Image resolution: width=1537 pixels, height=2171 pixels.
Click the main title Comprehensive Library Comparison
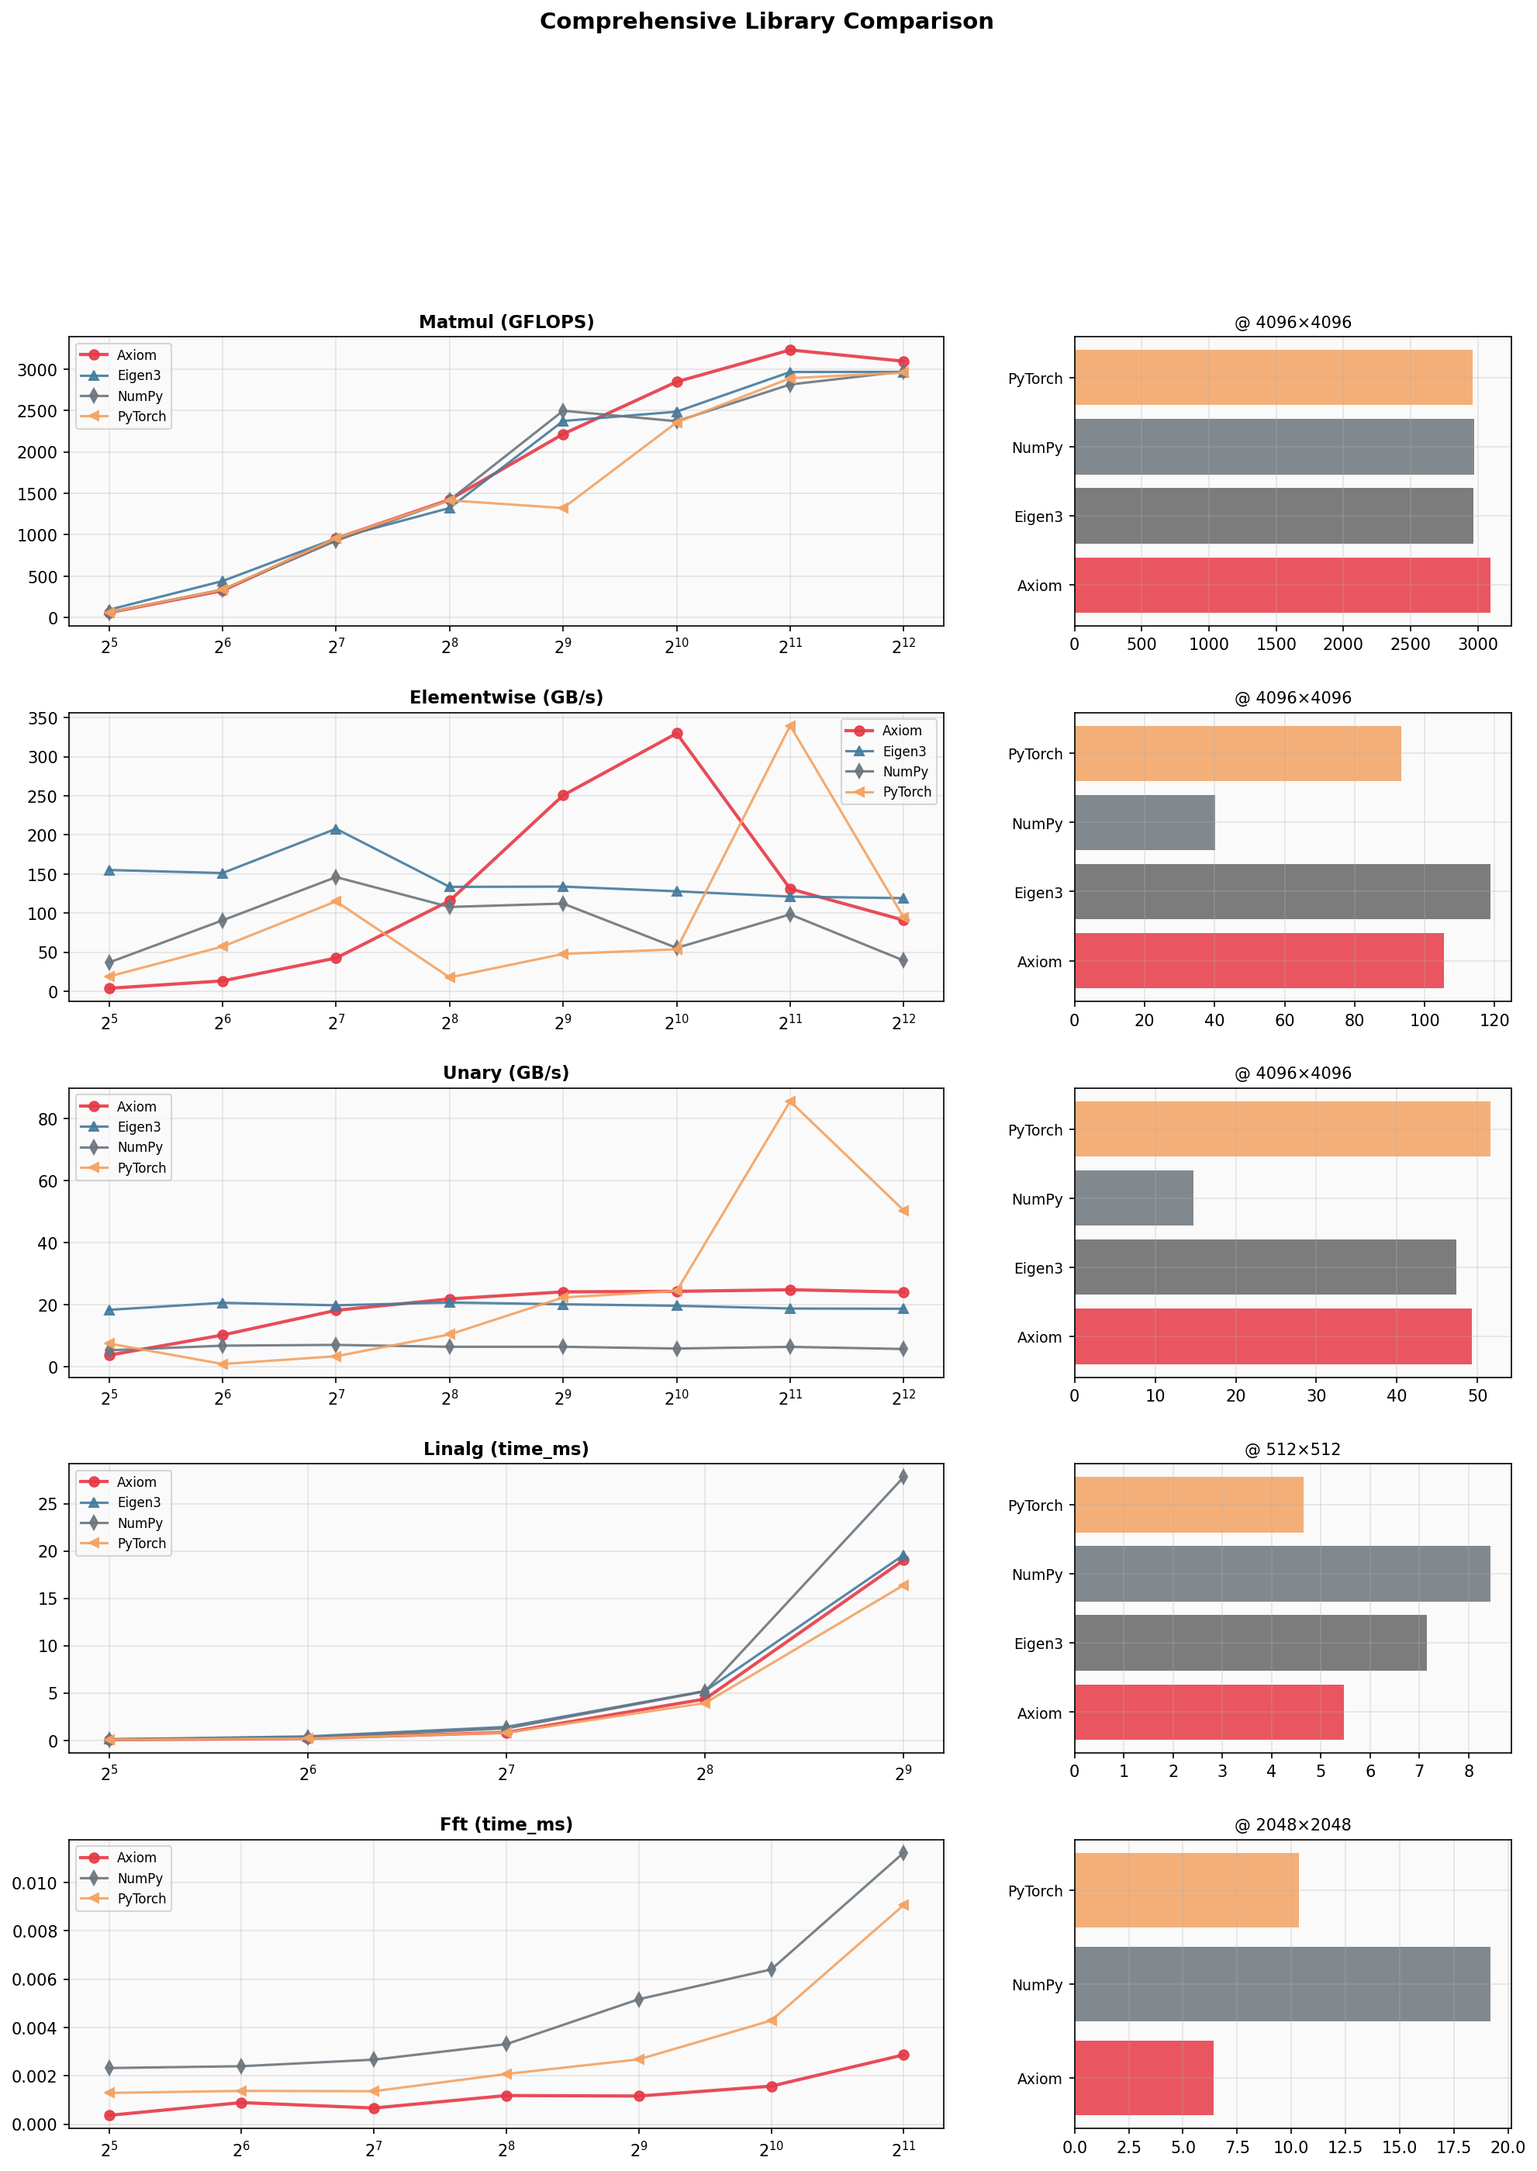pos(767,22)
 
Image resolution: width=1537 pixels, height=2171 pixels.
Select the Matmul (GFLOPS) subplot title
pos(506,322)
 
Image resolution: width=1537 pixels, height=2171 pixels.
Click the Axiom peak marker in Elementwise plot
pos(677,734)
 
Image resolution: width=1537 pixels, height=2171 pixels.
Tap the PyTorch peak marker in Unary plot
pos(790,1101)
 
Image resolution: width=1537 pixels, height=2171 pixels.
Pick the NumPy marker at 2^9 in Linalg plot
pos(904,1476)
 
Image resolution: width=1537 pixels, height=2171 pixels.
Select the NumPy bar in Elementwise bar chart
pos(1145,822)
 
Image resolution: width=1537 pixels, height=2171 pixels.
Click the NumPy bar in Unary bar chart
pos(1134,1198)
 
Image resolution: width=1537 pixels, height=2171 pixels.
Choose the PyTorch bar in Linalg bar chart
pos(1189,1505)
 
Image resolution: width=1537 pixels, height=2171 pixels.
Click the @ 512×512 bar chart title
pos(1293,1449)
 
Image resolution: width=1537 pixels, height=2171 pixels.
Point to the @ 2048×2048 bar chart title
pos(1293,1824)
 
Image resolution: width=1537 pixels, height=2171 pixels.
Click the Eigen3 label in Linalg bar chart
pos(1038,1644)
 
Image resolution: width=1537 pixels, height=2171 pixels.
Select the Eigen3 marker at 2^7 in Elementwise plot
pos(336,829)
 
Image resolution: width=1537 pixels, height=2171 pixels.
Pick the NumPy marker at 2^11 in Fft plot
pos(904,1853)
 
